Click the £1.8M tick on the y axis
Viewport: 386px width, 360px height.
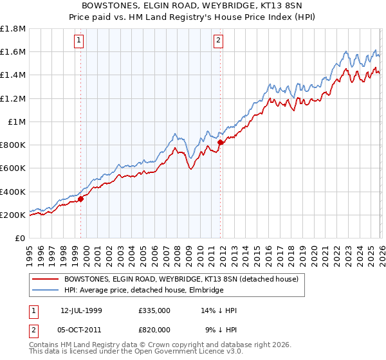[x=13, y=29]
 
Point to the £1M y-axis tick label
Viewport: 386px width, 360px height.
[x=17, y=122]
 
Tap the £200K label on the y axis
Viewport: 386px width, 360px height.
[x=13, y=215]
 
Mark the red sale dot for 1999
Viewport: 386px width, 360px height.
[x=81, y=199]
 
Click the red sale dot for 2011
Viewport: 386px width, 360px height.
[x=220, y=143]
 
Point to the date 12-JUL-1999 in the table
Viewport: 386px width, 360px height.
[x=82, y=310]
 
